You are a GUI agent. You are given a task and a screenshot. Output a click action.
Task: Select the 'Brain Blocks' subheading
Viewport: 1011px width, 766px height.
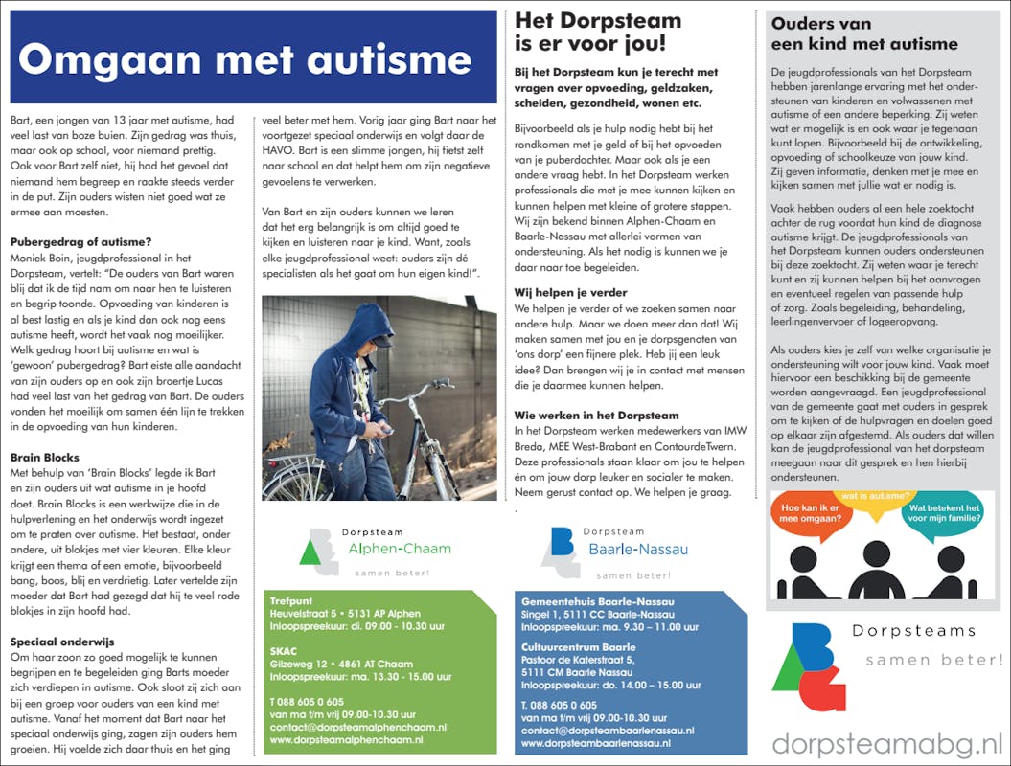coord(45,458)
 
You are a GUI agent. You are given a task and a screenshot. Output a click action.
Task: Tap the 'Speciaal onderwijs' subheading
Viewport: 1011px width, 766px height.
coord(62,642)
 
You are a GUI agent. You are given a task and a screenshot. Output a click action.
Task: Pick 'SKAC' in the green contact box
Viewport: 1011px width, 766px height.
coord(284,650)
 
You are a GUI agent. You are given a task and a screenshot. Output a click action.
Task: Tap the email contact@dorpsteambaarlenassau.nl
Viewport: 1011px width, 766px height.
coord(608,730)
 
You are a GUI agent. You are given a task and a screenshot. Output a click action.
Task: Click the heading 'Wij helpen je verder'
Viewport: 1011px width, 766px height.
coord(570,292)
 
